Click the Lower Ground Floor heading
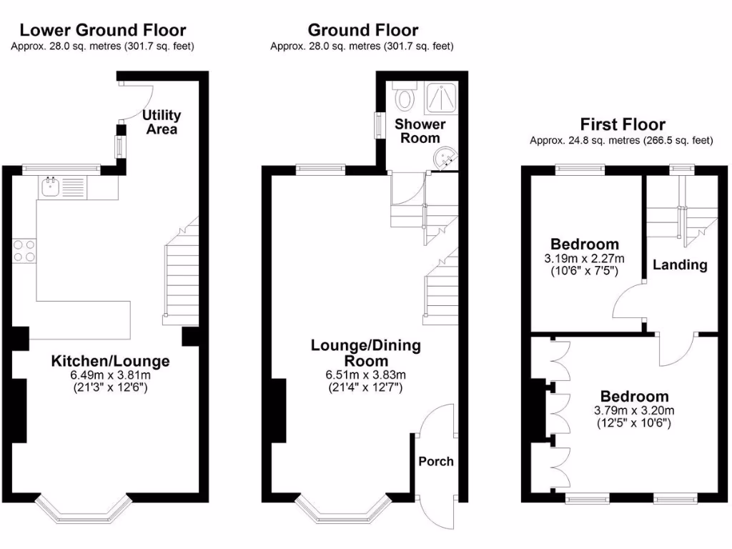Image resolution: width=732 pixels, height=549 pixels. (x=103, y=30)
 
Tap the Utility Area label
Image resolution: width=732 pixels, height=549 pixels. (x=162, y=122)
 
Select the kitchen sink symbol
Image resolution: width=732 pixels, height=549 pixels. (x=51, y=187)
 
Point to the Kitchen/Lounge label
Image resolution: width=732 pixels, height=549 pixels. (x=110, y=361)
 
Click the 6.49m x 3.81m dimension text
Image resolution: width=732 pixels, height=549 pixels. (x=110, y=375)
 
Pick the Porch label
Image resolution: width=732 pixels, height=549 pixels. (x=435, y=461)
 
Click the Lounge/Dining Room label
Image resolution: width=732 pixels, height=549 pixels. (x=365, y=352)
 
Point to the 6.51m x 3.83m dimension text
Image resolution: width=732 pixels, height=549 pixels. (x=365, y=375)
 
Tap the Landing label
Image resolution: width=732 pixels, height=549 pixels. (x=680, y=264)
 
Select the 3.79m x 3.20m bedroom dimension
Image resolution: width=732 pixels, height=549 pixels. (x=634, y=410)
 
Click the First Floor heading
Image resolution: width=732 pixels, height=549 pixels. (x=623, y=124)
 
